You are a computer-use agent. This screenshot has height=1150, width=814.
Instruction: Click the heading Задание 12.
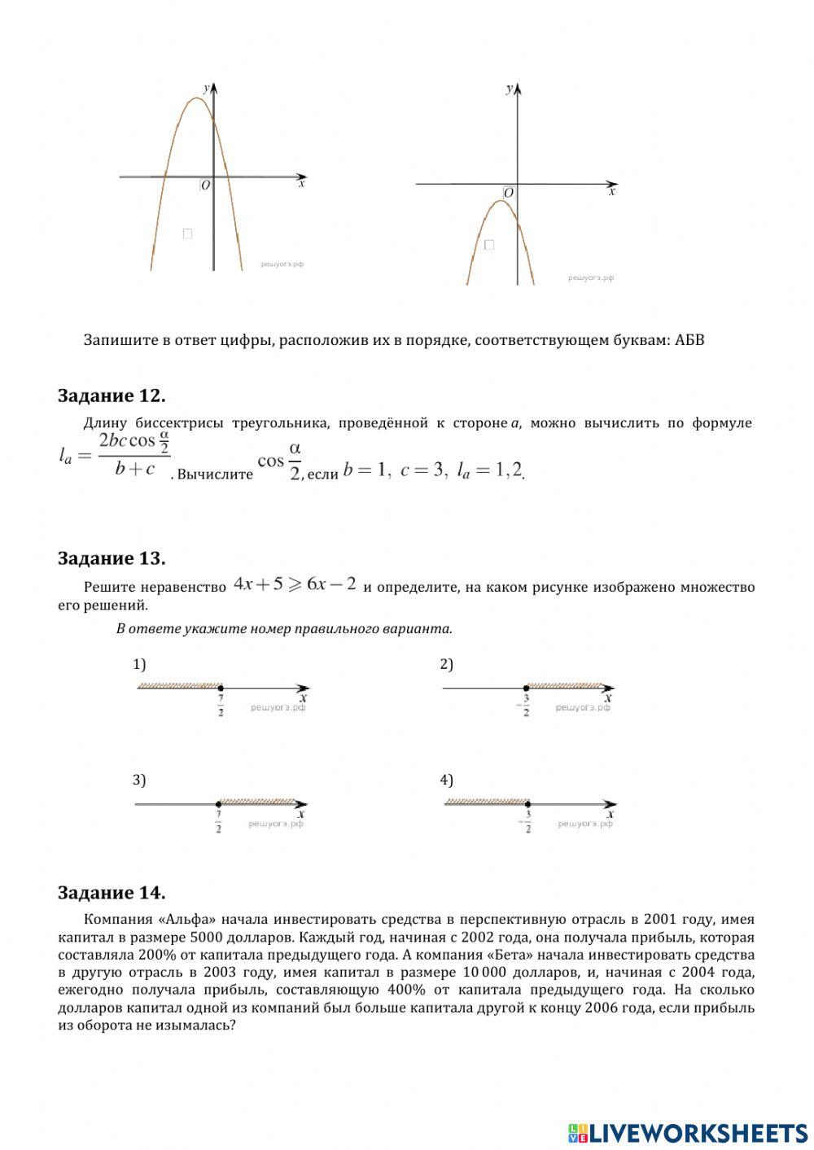point(112,396)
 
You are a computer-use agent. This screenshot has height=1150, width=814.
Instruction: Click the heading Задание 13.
point(112,558)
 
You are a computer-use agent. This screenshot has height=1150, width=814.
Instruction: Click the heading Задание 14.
point(112,893)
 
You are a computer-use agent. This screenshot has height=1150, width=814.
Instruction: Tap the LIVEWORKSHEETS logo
point(688,1132)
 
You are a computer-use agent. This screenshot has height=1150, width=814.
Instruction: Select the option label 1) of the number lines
point(139,664)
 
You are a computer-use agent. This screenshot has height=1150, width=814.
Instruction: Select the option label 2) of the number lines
point(446,664)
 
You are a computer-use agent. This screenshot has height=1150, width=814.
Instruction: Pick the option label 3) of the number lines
point(139,780)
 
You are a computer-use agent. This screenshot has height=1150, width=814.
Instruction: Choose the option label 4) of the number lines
point(446,780)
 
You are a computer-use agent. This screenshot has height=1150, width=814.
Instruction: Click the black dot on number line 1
point(221,688)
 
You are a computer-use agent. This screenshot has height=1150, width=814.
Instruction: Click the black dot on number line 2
point(527,689)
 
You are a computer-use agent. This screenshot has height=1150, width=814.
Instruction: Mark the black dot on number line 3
point(218,804)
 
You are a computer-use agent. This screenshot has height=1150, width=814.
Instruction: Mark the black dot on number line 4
point(528,804)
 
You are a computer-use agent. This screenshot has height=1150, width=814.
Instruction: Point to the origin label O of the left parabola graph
point(205,186)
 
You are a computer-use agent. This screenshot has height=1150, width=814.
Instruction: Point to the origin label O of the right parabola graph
point(509,193)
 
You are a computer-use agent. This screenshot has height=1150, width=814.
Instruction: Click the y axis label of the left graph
point(206,87)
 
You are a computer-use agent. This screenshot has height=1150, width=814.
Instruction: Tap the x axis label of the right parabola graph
point(612,192)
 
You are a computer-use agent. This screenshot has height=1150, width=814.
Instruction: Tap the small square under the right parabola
point(489,244)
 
